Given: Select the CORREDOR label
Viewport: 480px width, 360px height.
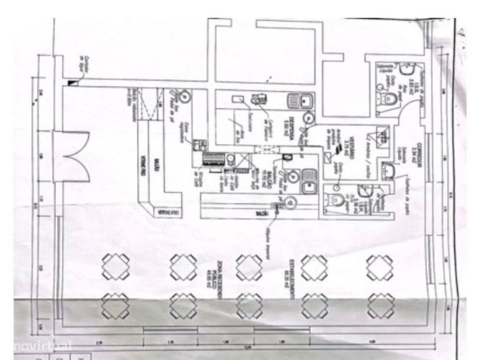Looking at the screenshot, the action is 419,152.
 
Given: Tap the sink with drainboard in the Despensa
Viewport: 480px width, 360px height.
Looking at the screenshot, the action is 298,100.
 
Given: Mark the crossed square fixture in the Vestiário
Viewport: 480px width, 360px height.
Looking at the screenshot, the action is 383,134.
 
